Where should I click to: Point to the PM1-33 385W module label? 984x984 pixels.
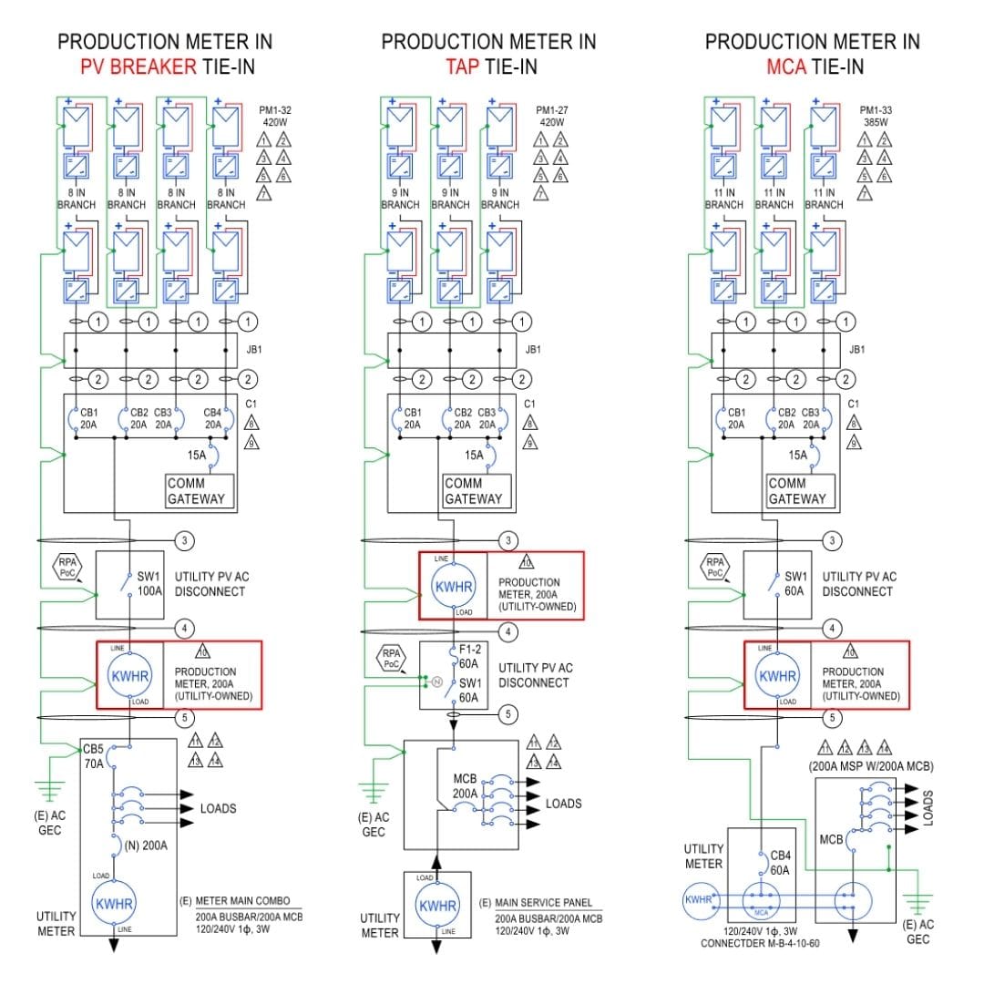[x=876, y=115]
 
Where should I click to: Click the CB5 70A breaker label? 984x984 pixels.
[x=95, y=756]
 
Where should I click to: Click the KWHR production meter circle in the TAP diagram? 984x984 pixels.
[x=453, y=586]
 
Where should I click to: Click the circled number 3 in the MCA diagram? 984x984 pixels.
[x=832, y=541]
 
